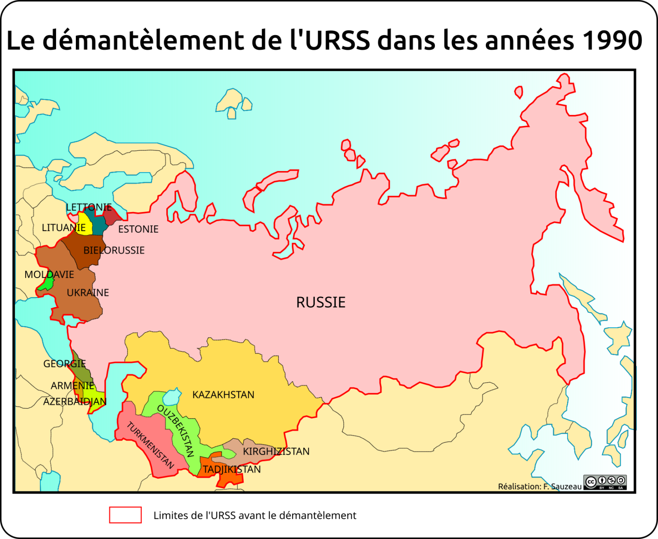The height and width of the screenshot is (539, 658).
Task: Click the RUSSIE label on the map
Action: point(321,302)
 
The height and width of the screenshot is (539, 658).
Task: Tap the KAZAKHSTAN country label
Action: point(223,395)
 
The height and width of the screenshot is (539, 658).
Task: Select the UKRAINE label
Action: point(88,293)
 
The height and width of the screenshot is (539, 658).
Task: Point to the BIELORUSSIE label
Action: point(114,250)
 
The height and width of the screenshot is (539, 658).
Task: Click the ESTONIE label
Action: point(138,229)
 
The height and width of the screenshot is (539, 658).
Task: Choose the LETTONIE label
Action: point(89,207)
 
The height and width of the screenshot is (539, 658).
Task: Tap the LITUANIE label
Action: point(63,228)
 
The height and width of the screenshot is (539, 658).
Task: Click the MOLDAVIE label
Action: point(49,275)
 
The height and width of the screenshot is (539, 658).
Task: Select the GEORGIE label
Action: point(65,364)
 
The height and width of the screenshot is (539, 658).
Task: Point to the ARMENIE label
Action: point(72,386)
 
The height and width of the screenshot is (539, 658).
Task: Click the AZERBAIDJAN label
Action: point(75,401)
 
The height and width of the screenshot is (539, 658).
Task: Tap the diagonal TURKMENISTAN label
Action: point(150,445)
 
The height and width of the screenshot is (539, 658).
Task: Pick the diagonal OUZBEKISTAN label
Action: point(176,431)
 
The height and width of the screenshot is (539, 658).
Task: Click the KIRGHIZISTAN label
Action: point(276,451)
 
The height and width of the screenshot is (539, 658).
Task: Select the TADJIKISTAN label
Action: point(232,469)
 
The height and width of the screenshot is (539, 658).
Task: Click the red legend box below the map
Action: point(125,515)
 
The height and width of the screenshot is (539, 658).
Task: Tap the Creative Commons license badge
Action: point(605,482)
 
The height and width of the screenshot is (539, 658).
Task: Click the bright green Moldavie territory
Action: point(46,283)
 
